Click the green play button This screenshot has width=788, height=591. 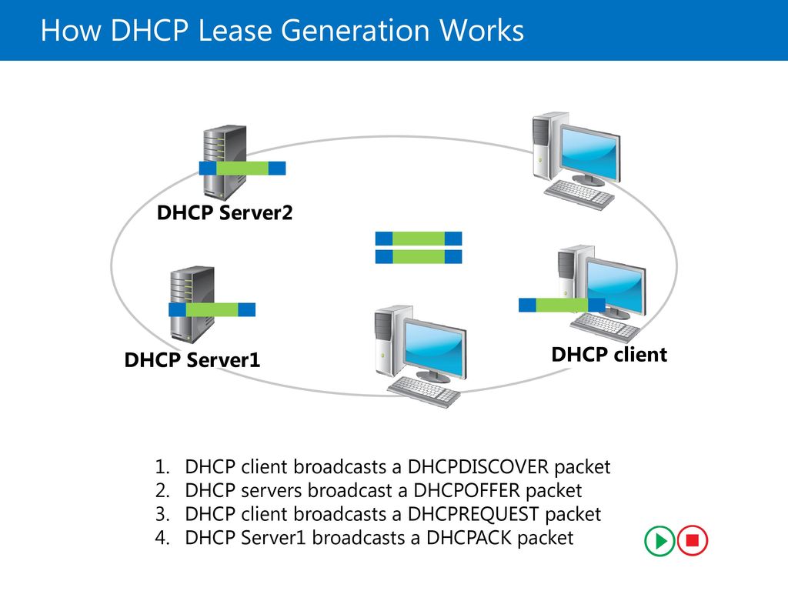point(659,541)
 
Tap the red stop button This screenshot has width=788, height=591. point(693,541)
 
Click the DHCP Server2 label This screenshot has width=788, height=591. point(225,212)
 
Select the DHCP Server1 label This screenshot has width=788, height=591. point(192,360)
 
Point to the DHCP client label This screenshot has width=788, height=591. point(609,354)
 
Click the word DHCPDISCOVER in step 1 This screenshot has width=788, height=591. point(478,467)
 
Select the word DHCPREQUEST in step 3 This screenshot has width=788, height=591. point(473,514)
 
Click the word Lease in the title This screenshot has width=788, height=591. point(235,30)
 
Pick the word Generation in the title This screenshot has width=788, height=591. point(356,30)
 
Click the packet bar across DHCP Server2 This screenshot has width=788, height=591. point(242,168)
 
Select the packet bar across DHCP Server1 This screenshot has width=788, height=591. point(212,309)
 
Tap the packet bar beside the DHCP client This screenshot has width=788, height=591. point(562,305)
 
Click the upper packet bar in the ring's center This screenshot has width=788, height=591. point(419,239)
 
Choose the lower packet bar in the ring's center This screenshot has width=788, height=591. point(419,257)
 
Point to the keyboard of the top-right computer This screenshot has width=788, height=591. point(579,195)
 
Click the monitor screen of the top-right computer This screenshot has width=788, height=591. point(589,153)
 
